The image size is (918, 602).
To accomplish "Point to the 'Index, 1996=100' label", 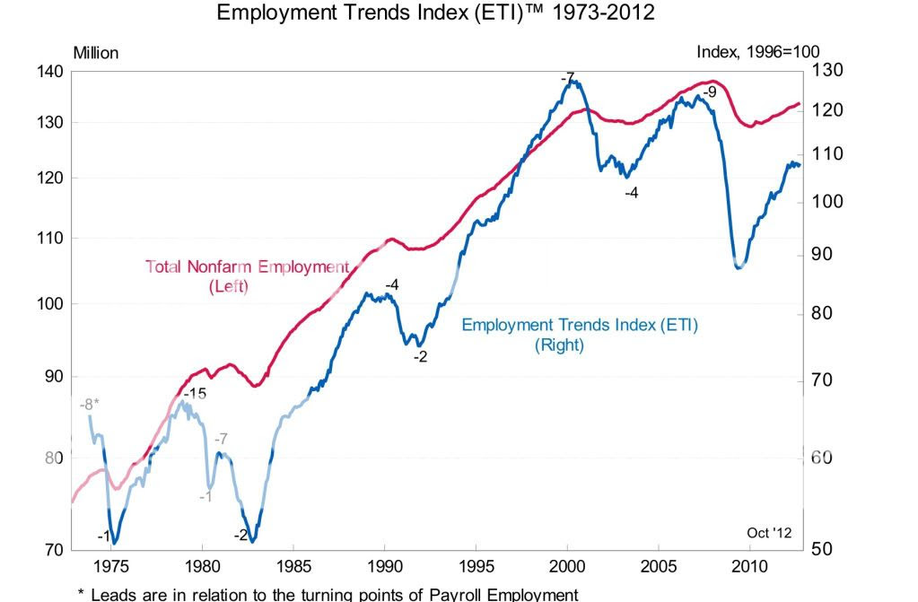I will (x=757, y=52).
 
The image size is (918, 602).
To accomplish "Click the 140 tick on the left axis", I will (x=49, y=71).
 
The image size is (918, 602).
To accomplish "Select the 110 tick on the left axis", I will (x=49, y=238).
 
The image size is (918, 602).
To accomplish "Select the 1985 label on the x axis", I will (x=293, y=566).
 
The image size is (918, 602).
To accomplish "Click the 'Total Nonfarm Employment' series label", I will (x=247, y=266).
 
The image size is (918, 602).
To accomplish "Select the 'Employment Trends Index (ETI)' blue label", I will (x=579, y=325).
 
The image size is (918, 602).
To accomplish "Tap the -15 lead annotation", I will (x=195, y=394).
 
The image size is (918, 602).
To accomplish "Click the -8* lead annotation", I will (x=90, y=404).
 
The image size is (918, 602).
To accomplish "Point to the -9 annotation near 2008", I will (x=709, y=92).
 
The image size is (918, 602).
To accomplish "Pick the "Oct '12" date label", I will (x=769, y=533).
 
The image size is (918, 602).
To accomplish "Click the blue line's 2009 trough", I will (x=739, y=266).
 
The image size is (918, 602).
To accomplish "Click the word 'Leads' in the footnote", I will (x=115, y=594).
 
